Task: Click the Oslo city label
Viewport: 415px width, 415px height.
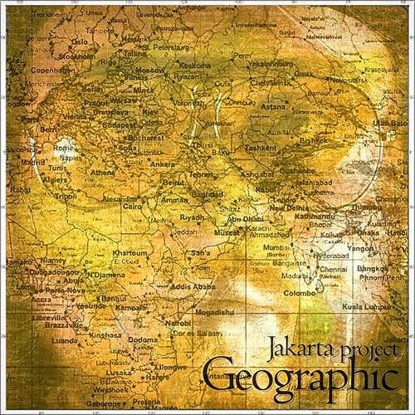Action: (x=80, y=41)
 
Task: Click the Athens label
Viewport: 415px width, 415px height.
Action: (x=103, y=172)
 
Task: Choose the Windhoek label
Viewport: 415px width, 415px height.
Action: (x=111, y=388)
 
